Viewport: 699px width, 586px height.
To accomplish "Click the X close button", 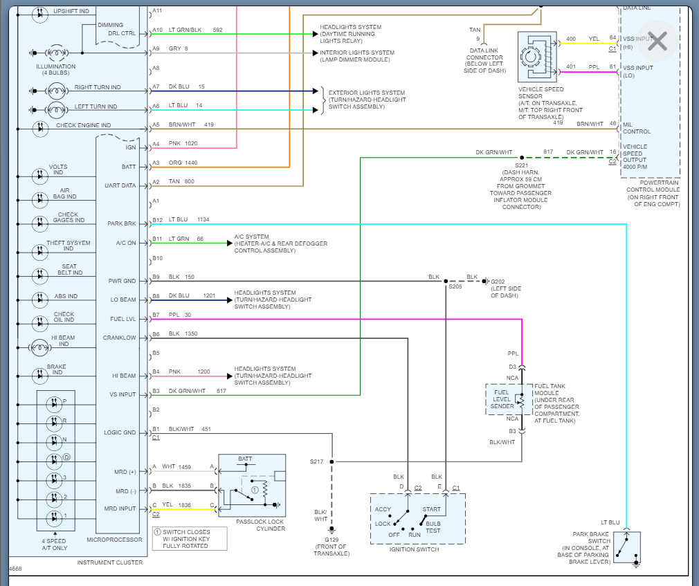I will (x=657, y=42).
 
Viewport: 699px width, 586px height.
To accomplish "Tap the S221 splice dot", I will (x=522, y=158).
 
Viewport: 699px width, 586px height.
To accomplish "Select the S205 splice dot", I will (x=446, y=281).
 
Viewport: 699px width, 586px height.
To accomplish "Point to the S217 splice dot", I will (x=332, y=461).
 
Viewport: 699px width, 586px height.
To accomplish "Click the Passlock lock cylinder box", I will (x=252, y=486).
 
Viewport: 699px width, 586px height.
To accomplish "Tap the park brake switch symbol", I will (x=626, y=547).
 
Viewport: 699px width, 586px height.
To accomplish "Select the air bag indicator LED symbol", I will (x=40, y=197).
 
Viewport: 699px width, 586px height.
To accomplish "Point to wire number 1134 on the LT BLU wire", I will (x=202, y=219).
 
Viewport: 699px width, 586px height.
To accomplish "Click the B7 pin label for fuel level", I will (x=156, y=315).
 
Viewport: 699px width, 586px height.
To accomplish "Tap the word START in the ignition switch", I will (x=431, y=509).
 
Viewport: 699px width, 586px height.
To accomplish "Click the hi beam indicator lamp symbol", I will (x=40, y=348).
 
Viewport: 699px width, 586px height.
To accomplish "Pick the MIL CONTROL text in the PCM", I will (x=637, y=127).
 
